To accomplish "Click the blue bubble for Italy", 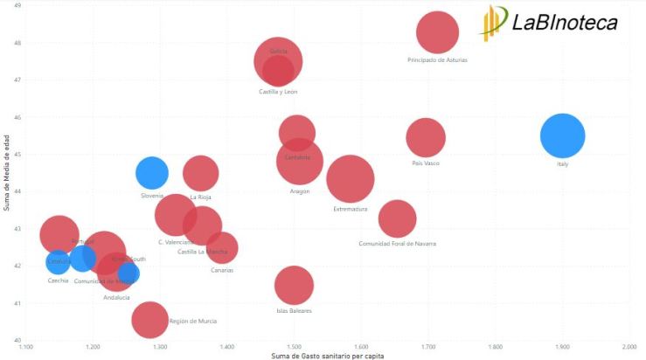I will [562, 135].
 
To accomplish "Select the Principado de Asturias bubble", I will [437, 33].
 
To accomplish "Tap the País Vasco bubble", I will [426, 137].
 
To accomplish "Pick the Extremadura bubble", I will [351, 179].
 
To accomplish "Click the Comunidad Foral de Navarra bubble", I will [397, 218].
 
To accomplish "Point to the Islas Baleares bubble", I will [294, 285].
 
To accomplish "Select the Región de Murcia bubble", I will [151, 320].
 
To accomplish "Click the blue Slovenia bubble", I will [152, 172].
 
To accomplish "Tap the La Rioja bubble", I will [201, 173].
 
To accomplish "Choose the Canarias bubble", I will [223, 248].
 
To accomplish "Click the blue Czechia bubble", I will [58, 261].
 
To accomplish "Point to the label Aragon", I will [300, 191].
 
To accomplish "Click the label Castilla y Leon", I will [278, 92].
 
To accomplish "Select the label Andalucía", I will [116, 298].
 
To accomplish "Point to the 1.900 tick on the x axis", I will [562, 347].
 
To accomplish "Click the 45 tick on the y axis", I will [17, 154].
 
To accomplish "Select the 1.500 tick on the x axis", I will [295, 347].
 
